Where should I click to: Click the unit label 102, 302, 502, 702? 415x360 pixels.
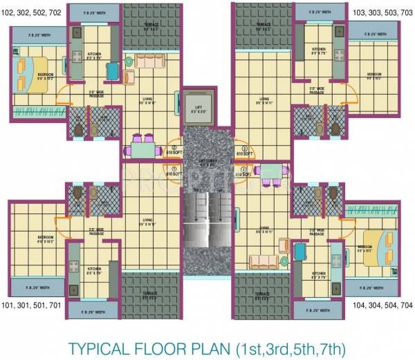[35, 12]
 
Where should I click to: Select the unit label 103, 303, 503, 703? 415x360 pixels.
[381, 12]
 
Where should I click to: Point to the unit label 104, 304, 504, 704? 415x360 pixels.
[381, 305]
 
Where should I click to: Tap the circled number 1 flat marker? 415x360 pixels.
[175, 169]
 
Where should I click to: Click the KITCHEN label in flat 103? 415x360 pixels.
[318, 50]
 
